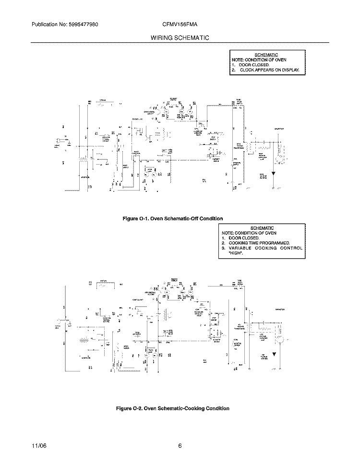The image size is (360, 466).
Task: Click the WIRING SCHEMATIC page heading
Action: pos(180,37)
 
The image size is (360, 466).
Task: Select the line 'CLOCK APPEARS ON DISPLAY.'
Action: pos(269,70)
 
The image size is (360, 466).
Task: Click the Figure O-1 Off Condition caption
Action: pos(173,218)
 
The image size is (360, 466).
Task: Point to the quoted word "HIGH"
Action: pos(236,253)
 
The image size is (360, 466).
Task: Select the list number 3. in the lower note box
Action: pos(224,248)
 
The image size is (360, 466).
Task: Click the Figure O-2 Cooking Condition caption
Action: pos(173,408)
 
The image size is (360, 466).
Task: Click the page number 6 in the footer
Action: pos(180,446)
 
